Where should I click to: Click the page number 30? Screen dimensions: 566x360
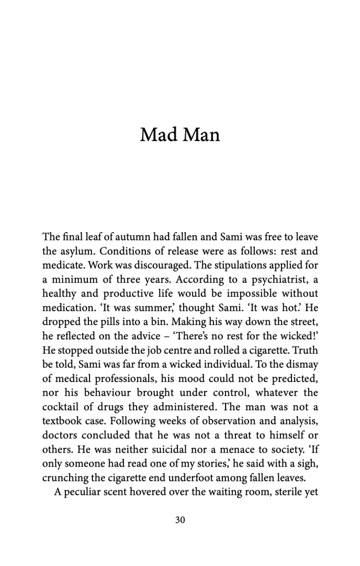(180, 520)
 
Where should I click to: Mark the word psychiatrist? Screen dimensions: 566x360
(279, 279)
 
